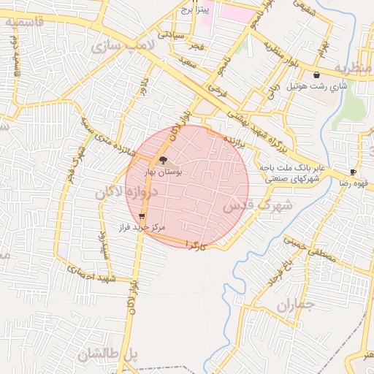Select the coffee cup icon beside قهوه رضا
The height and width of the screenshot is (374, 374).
point(354,172)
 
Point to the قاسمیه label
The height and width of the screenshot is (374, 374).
point(34,21)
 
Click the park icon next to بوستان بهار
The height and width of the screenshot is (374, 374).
point(162,159)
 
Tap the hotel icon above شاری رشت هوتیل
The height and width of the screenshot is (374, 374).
point(316,75)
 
